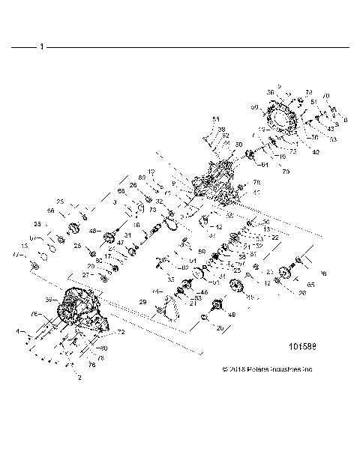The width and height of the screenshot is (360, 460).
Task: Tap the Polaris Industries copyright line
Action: [x=268, y=369]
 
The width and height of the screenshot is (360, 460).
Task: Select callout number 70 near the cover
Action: [x=325, y=96]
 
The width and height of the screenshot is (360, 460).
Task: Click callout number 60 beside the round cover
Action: [x=255, y=108]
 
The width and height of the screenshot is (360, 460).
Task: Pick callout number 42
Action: [x=315, y=152]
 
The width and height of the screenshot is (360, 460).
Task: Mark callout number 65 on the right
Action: [x=311, y=285]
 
